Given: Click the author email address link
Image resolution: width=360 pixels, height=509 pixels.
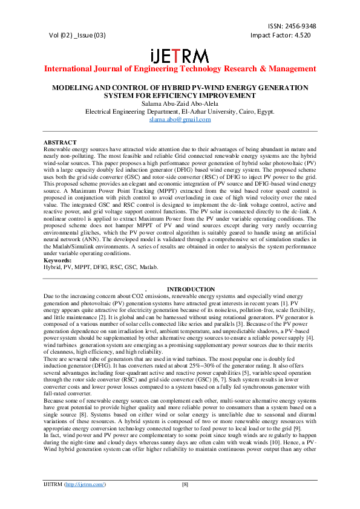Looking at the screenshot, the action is click(x=180, y=120).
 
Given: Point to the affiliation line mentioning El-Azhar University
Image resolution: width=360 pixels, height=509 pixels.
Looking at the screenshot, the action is click(x=180, y=112).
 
